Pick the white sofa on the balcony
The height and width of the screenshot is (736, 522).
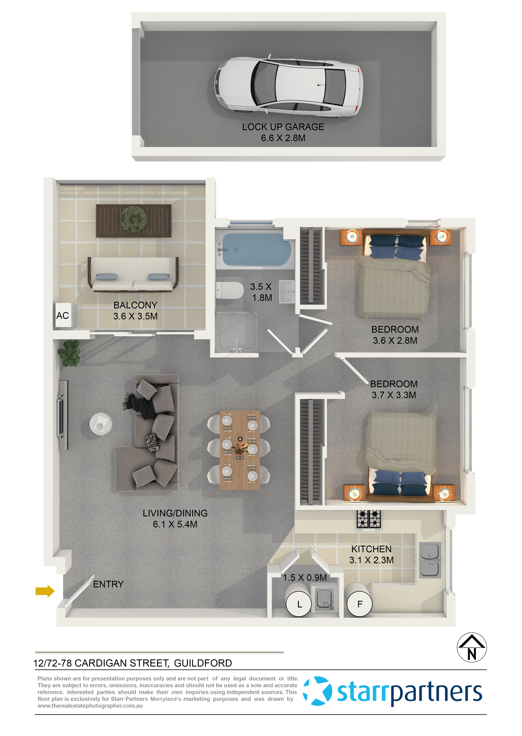click(x=133, y=275)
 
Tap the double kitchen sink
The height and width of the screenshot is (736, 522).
click(x=430, y=559)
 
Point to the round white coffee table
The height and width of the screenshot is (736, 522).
click(x=101, y=424)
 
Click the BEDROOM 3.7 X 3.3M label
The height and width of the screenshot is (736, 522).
click(x=394, y=389)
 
